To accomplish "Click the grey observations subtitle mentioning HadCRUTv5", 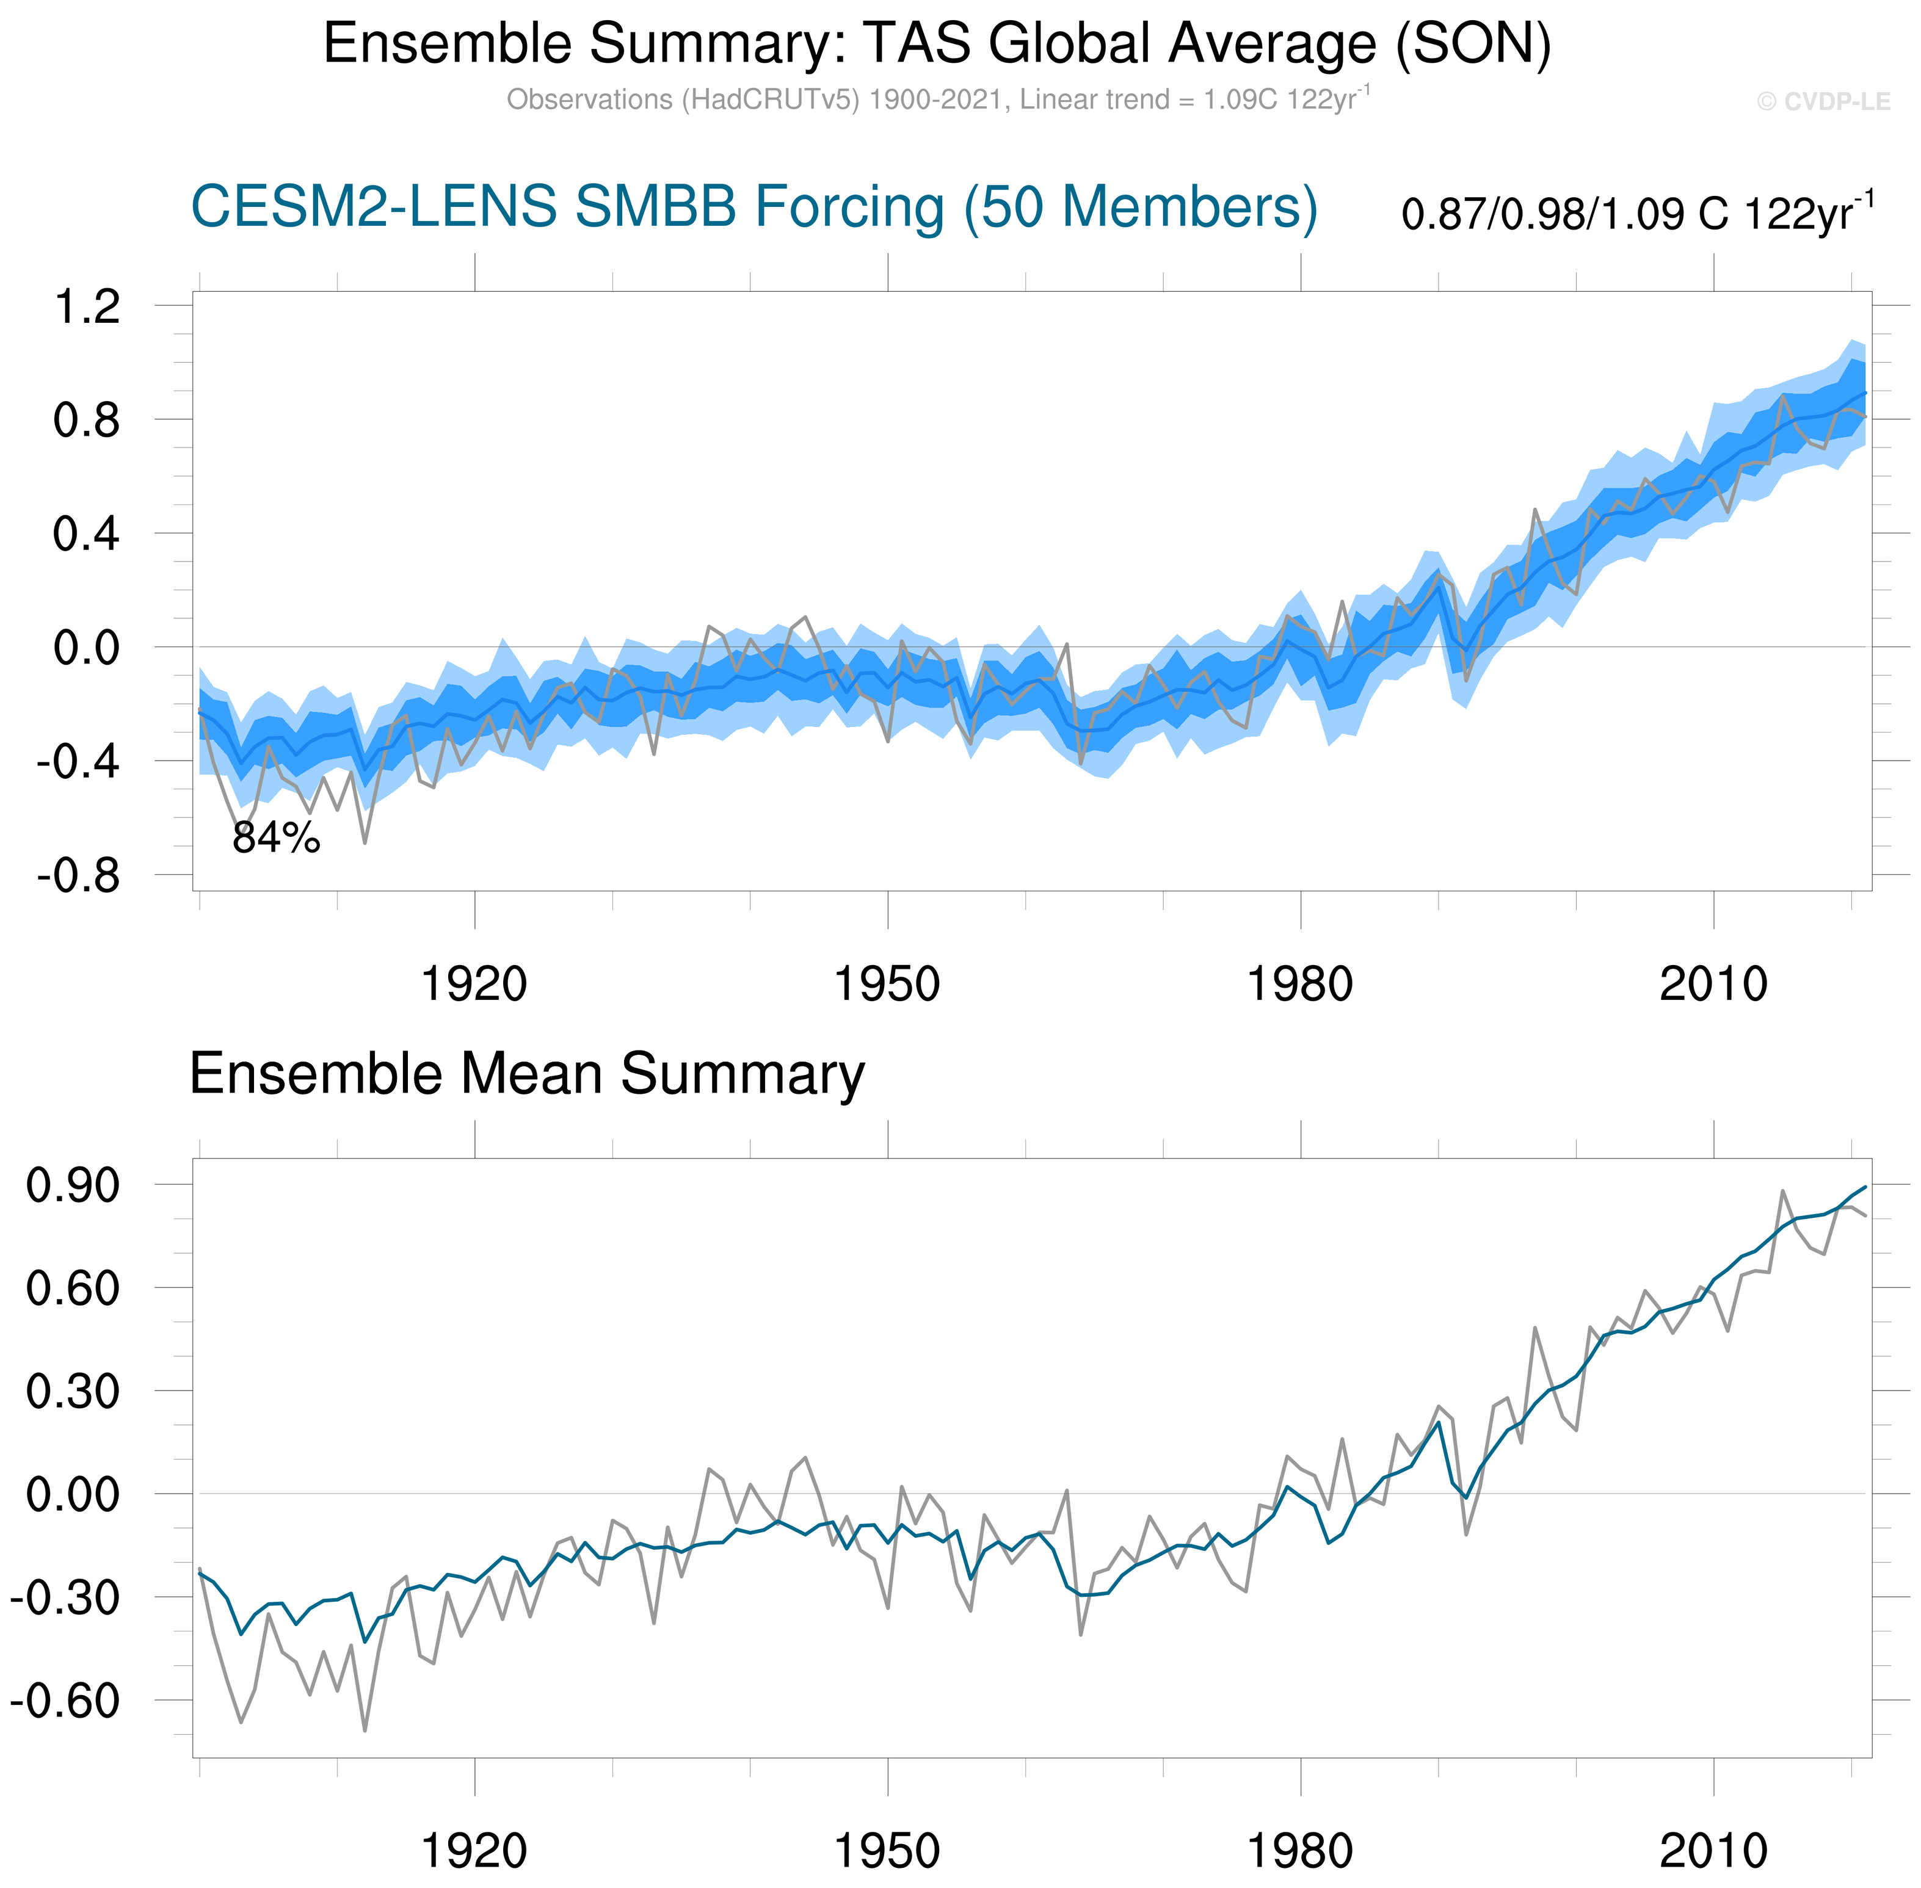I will [937, 100].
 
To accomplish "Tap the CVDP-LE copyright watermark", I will [1823, 102].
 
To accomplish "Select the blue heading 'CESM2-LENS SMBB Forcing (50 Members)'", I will [754, 208].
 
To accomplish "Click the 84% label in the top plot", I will [276, 839].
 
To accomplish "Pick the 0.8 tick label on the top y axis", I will [87, 421].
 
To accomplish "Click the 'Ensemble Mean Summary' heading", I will [526, 1074].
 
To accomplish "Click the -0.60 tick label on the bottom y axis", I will [65, 1701].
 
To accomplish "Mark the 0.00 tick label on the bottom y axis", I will [73, 1494].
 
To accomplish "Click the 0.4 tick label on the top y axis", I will [87, 535].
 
